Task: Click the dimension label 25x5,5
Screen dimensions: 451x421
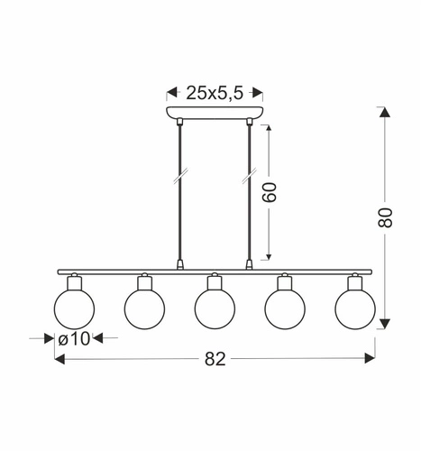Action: click(213, 92)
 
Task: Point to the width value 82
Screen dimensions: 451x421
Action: click(213, 358)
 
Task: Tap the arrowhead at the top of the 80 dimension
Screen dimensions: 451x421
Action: click(384, 114)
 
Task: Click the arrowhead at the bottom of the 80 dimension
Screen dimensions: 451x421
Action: click(384, 321)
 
